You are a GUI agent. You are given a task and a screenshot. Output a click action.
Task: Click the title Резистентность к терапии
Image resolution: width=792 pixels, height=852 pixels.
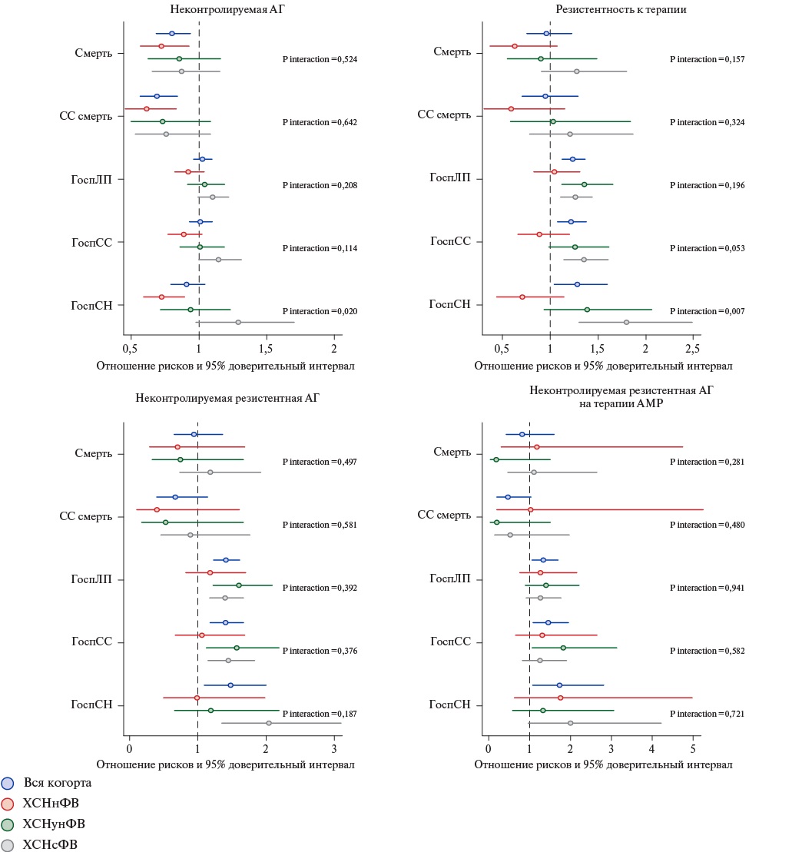coord(621,9)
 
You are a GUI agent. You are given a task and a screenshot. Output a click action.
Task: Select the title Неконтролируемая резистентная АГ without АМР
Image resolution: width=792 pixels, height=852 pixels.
coord(227,397)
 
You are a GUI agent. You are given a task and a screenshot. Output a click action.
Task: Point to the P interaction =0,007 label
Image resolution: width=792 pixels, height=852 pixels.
coord(707,311)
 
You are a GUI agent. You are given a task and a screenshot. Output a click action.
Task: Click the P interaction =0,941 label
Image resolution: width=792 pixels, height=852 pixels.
coord(707,588)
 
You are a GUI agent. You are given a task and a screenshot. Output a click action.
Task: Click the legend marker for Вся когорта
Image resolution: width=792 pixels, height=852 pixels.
coord(8,783)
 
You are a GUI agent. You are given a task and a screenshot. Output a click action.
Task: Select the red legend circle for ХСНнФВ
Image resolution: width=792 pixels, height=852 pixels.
coord(8,804)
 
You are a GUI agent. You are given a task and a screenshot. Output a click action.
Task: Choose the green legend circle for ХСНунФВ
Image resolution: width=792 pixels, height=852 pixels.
coord(8,824)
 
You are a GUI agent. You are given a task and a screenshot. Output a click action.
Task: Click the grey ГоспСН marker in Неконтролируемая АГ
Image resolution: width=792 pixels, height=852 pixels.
coord(238,322)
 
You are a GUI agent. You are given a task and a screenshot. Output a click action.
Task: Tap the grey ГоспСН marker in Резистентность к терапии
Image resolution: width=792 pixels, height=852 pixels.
coord(626,322)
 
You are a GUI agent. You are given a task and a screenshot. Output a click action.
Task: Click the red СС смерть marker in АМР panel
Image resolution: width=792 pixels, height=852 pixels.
coord(530,509)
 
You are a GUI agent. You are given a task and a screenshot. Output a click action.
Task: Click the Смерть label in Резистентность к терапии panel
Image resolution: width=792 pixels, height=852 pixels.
coord(452,51)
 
